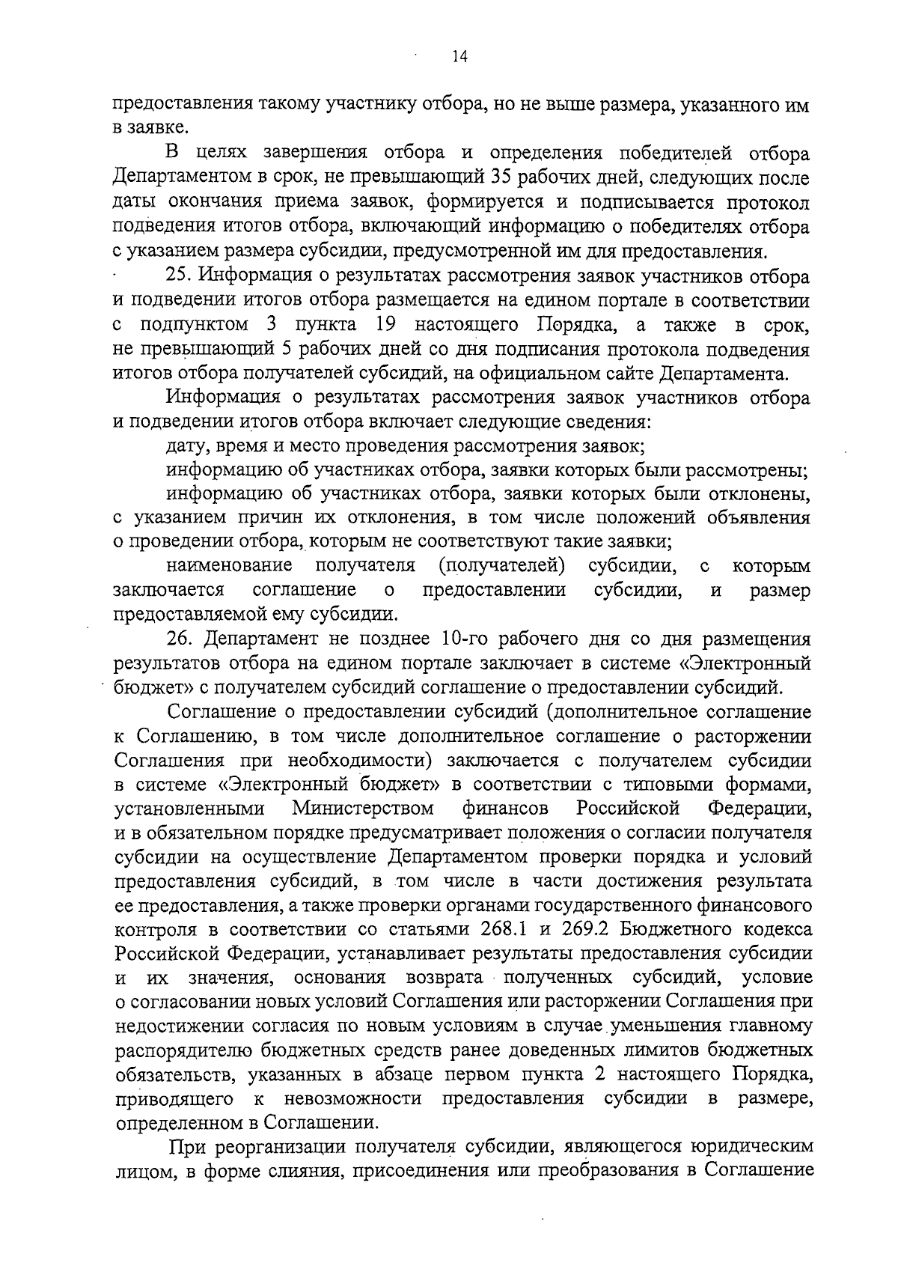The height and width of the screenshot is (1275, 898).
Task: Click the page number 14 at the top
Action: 459,58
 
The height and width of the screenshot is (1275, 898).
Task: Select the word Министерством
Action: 362,809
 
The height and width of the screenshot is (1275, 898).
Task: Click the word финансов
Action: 505,809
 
